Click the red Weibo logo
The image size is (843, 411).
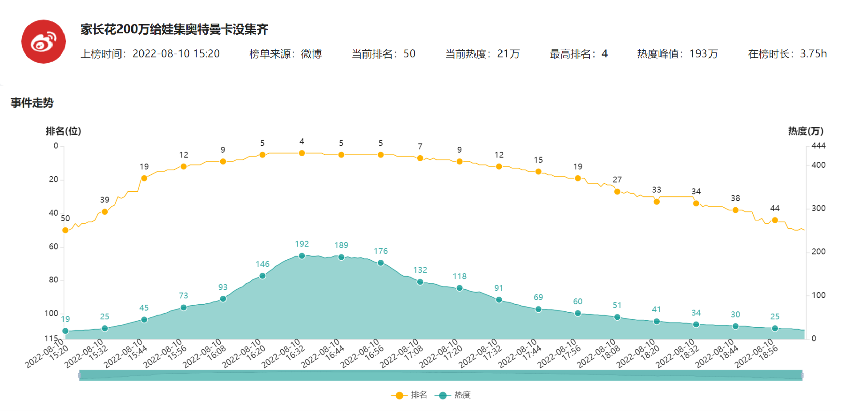(44, 41)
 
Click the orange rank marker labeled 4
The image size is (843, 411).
(302, 153)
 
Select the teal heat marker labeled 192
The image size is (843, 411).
(302, 256)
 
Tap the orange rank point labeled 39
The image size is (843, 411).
(105, 212)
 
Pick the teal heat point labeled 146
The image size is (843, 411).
(262, 276)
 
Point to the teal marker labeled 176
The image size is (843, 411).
(381, 263)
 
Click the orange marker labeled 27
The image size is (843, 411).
(617, 192)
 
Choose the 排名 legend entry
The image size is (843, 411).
(409, 395)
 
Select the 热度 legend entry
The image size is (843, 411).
(454, 395)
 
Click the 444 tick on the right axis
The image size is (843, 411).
(818, 146)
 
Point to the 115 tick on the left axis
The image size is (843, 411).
(51, 338)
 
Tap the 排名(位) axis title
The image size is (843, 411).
(63, 131)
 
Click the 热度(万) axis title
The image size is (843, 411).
(806, 131)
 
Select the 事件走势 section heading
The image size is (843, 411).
(32, 103)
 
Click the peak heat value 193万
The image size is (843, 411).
(703, 54)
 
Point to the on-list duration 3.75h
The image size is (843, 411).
(813, 54)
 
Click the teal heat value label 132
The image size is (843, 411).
(420, 270)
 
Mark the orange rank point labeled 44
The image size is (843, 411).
(775, 220)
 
